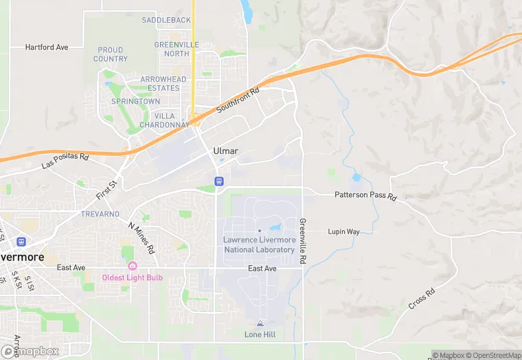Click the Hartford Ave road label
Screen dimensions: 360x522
(47, 47)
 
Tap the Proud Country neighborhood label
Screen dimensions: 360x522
(111, 54)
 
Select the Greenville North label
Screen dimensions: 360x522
(172, 49)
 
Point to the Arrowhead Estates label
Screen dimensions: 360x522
(163, 84)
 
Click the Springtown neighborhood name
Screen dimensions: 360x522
(136, 101)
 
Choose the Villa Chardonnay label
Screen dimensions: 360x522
(164, 120)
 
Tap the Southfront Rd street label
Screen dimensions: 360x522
(237, 101)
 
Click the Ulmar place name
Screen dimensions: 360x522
(225, 151)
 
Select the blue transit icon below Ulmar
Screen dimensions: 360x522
(218, 181)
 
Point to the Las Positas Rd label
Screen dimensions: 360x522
(66, 161)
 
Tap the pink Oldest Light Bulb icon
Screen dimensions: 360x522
(132, 266)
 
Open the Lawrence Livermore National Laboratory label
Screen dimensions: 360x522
(259, 245)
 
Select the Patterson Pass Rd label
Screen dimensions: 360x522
(365, 196)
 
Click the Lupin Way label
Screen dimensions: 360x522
(343, 232)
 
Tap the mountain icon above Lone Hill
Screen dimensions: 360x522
(260, 323)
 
